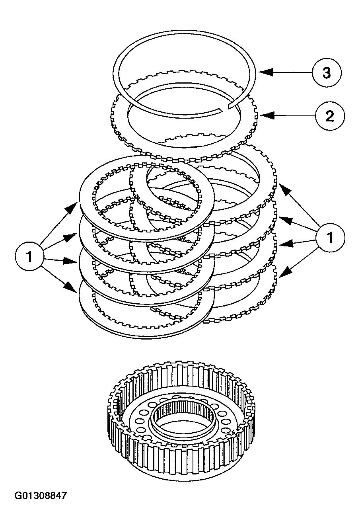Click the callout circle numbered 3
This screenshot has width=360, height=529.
point(326,73)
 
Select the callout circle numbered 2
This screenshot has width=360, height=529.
point(329,116)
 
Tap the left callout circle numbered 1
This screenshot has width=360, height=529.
point(29,256)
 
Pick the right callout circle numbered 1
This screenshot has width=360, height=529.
point(330,238)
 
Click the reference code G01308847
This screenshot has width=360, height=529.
point(41,496)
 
